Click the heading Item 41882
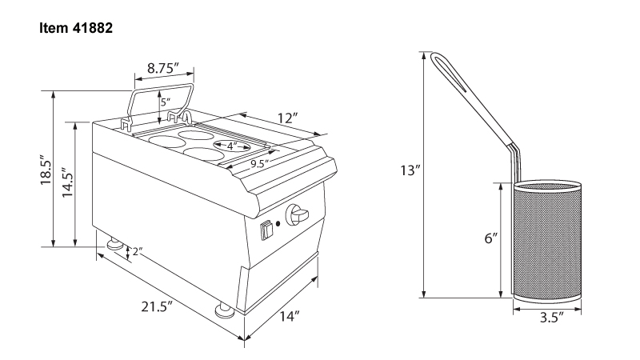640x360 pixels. point(76,28)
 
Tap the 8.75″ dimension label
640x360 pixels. point(163,68)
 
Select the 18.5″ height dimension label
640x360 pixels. point(46,170)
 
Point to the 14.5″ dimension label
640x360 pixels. point(67,182)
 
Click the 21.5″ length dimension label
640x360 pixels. point(157,306)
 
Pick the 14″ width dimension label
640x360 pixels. point(290,315)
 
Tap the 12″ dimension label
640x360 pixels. point(288,118)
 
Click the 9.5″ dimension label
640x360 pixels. point(259,164)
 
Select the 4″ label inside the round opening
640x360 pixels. point(232,146)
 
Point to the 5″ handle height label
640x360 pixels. point(166,102)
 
